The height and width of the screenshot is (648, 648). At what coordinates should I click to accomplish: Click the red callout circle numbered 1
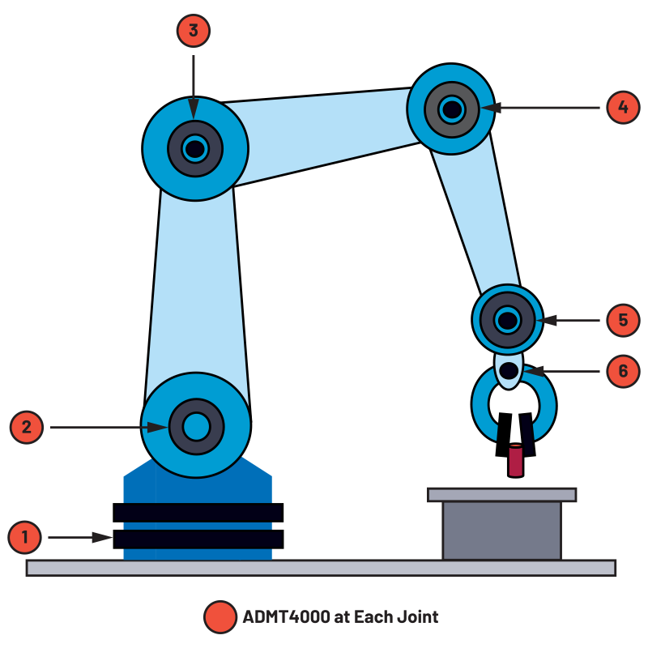pyautogui.click(x=24, y=537)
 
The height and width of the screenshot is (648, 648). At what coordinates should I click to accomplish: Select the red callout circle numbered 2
pyautogui.click(x=27, y=428)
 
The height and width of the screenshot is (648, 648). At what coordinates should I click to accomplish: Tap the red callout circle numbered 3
pyautogui.click(x=194, y=31)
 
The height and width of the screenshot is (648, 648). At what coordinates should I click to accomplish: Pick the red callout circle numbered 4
pyautogui.click(x=623, y=107)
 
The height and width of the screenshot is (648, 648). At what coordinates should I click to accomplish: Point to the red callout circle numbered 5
pyautogui.click(x=623, y=320)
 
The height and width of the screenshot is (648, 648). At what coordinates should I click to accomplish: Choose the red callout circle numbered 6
pyautogui.click(x=623, y=371)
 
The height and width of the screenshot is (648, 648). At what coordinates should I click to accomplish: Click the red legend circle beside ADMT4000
pyautogui.click(x=220, y=617)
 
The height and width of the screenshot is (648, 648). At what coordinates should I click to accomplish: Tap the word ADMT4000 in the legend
pyautogui.click(x=287, y=617)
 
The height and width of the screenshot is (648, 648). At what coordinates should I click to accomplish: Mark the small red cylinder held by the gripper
pyautogui.click(x=515, y=461)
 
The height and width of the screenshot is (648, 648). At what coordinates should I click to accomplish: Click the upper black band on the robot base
pyautogui.click(x=198, y=513)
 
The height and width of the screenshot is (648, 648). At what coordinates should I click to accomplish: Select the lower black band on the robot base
pyautogui.click(x=198, y=539)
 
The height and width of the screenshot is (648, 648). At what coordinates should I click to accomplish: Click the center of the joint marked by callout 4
pyautogui.click(x=452, y=109)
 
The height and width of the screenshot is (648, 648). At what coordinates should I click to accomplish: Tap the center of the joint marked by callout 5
pyautogui.click(x=508, y=320)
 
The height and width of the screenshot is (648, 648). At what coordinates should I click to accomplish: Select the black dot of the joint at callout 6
pyautogui.click(x=509, y=371)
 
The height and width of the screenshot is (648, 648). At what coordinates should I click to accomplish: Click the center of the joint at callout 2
pyautogui.click(x=196, y=427)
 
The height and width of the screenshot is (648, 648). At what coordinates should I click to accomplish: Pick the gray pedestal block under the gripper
pyautogui.click(x=501, y=531)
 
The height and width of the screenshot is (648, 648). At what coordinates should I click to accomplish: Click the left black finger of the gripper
pyautogui.click(x=503, y=434)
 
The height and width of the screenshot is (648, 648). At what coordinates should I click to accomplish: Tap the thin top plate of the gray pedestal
pyautogui.click(x=501, y=495)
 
